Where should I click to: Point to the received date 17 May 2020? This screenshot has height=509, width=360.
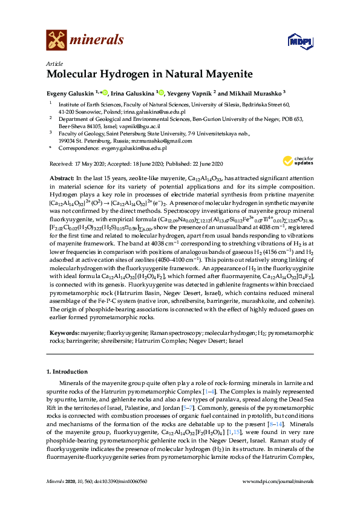click(x=88, y=164)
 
